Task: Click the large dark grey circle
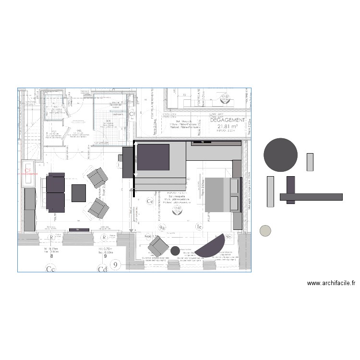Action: click(x=281, y=155)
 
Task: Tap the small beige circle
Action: click(x=265, y=231)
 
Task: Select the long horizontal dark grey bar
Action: click(x=311, y=196)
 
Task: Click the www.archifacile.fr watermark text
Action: click(x=331, y=283)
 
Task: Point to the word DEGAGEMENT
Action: click(x=228, y=120)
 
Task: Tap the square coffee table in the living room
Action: click(x=79, y=192)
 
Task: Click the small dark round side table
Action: click(x=175, y=250)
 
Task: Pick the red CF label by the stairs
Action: click(x=28, y=170)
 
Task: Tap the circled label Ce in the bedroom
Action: click(x=149, y=202)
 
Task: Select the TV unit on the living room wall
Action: click(x=79, y=230)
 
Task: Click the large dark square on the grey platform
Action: click(x=154, y=157)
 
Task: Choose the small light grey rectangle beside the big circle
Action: click(x=310, y=162)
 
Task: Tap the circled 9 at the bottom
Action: click(x=115, y=264)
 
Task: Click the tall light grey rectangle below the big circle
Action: click(x=270, y=192)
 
